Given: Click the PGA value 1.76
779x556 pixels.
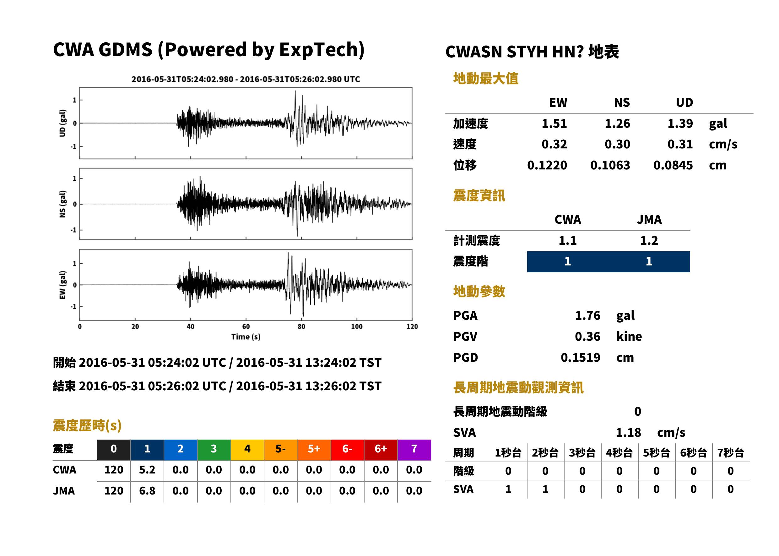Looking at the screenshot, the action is [587, 315].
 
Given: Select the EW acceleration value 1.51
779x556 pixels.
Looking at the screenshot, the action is [554, 123].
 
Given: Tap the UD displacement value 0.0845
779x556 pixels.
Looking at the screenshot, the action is [673, 165].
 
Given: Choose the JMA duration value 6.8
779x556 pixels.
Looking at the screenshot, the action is [147, 491].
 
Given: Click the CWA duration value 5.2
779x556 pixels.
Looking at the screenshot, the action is [147, 470].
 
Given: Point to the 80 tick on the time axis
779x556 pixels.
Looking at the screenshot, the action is [301, 327].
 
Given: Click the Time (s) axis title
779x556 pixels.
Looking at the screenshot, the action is [246, 337].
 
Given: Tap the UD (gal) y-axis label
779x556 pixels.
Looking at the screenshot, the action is [62, 123].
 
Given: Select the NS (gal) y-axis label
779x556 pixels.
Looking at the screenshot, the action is [62, 204].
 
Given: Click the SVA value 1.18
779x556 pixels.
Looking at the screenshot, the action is [628, 433].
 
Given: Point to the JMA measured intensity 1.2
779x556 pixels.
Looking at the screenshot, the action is [649, 241].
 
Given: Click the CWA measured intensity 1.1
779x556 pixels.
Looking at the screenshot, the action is [568, 241].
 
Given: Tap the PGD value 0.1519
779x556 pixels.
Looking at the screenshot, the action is [581, 358].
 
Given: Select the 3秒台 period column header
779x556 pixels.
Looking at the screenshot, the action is [582, 453].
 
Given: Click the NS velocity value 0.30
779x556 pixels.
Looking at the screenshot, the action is [617, 144].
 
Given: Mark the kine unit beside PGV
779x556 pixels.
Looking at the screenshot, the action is [629, 337].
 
